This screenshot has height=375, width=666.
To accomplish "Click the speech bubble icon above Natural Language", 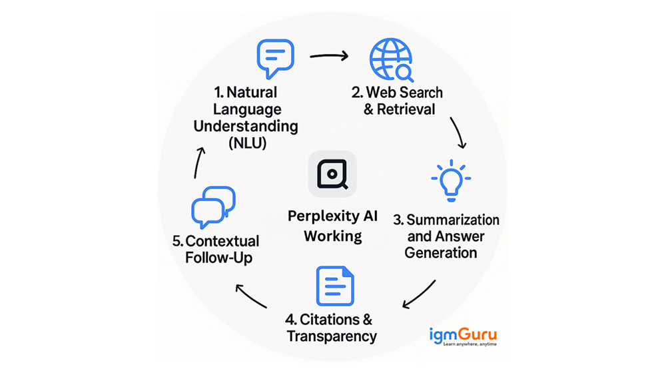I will [275, 59].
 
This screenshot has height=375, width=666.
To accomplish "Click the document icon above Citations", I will [334, 286].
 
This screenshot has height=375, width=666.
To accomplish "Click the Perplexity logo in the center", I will [332, 174].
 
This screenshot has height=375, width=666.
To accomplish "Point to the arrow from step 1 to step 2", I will [330, 56].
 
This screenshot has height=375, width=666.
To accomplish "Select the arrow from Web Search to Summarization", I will [458, 133].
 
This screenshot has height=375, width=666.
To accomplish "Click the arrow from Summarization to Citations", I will [420, 294].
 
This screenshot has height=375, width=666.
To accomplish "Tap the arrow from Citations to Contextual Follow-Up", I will [251, 296].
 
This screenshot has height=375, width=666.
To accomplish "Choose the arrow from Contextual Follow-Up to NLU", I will [198, 162].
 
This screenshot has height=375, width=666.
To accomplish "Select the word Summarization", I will [453, 220].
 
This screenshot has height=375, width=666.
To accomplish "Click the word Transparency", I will [332, 336].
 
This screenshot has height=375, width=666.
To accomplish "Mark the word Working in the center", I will [333, 236].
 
